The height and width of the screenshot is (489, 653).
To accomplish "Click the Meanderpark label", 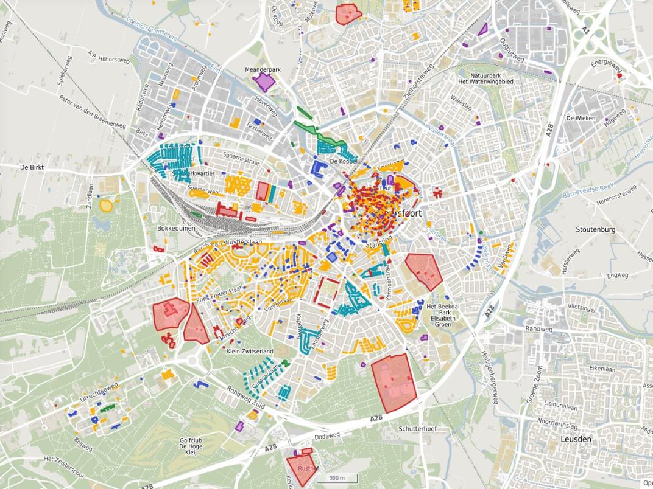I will (263, 70).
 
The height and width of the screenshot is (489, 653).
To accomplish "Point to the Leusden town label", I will (576, 439).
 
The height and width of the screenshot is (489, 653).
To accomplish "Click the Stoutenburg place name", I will (595, 229).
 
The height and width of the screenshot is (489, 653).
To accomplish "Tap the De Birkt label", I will (33, 167).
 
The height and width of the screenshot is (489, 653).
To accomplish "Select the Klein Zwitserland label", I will (250, 352).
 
